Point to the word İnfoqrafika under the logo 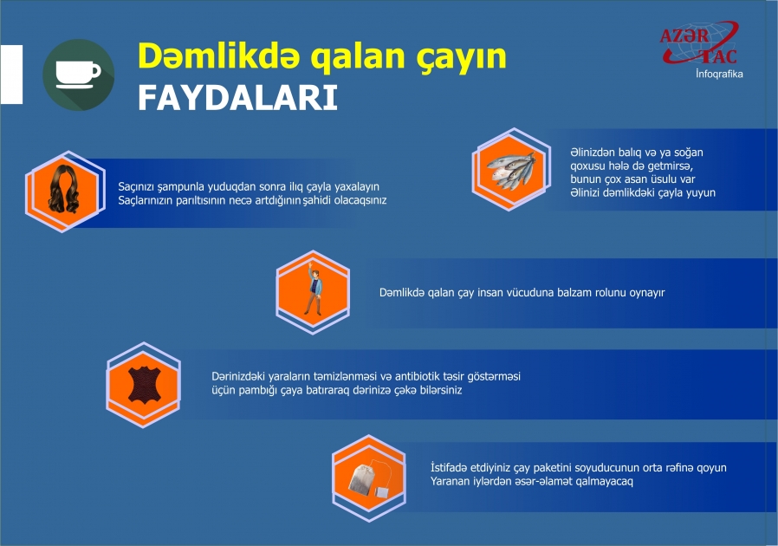click(x=718, y=75)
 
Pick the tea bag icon click(x=369, y=475)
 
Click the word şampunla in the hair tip click(x=179, y=186)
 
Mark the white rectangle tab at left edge click(x=11, y=75)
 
